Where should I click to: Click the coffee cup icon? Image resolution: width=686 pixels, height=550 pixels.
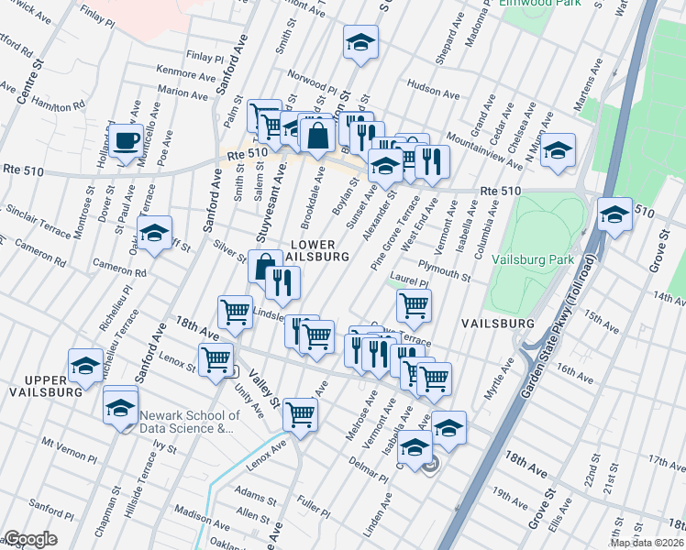pos(126,142)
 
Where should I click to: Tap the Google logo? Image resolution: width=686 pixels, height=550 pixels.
pos(30,539)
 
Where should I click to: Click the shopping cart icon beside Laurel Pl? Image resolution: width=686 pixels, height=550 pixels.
pos(415,306)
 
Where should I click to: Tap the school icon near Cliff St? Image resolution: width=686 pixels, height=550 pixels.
pos(155,234)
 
